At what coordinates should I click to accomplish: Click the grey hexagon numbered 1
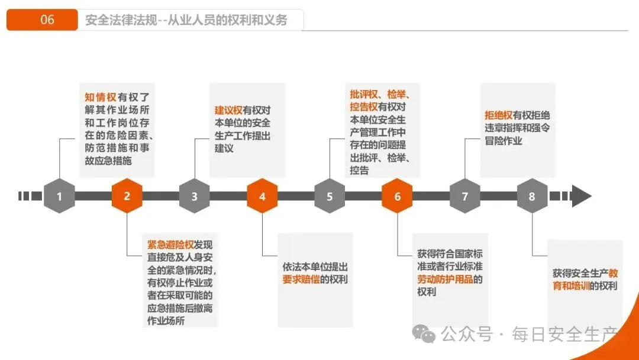pos(59,196)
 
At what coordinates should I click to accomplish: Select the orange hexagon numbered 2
pos(127,196)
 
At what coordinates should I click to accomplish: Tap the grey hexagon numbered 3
pos(194,196)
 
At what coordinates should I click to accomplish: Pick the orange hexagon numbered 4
pos(262,196)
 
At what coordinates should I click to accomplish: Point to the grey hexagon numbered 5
pos(330,196)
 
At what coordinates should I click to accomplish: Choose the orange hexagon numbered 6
pos(397,196)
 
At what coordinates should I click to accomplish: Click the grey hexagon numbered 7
pos(464,196)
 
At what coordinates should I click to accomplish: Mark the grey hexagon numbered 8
pos(532,196)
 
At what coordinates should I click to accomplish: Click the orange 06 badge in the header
pos(43,20)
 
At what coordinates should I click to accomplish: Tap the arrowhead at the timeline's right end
pos(581,196)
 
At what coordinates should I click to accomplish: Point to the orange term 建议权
pos(228,110)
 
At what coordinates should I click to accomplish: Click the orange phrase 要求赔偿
pos(301,279)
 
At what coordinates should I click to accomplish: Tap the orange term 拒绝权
pos(498,115)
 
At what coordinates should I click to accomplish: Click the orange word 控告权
pos(363,107)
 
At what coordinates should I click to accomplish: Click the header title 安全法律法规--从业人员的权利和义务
pos(186,20)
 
